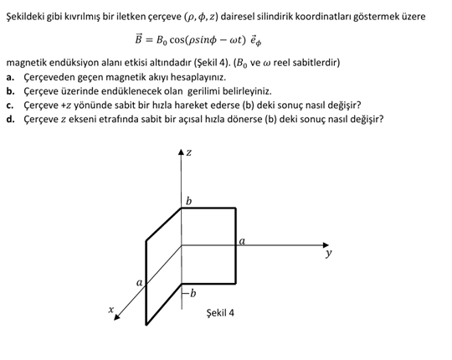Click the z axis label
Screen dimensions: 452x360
pos(189,153)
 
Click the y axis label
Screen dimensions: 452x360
pos(329,251)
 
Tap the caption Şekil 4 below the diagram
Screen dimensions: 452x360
pos(220,313)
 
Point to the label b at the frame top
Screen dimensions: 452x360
pos(188,201)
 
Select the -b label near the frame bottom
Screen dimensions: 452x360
pos(191,292)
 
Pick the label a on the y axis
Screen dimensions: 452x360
pos(242,241)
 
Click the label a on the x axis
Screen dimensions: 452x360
pos(139,284)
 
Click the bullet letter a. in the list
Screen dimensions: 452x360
pos(10,77)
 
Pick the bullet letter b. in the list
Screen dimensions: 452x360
pos(10,90)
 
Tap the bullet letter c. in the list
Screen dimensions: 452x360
pos(10,105)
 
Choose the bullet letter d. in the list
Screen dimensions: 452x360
pos(10,118)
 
